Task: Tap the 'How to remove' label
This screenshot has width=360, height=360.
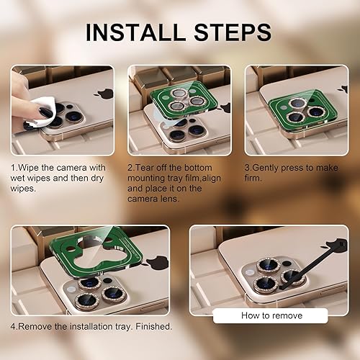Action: [x=271, y=315]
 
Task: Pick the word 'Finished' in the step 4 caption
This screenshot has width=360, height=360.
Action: [x=150, y=326]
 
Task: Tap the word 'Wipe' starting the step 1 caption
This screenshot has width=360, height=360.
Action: [x=31, y=168]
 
